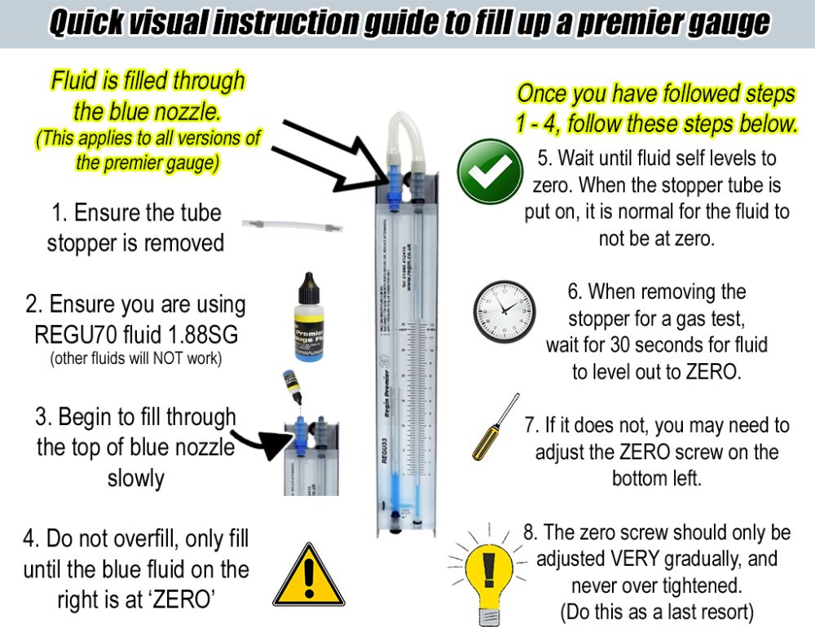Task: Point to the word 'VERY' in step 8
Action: pyautogui.click(x=649, y=559)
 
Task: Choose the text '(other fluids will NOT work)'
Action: pyautogui.click(x=134, y=358)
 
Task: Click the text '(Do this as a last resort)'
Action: pyautogui.click(x=656, y=611)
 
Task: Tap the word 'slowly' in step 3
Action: pyautogui.click(x=135, y=479)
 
